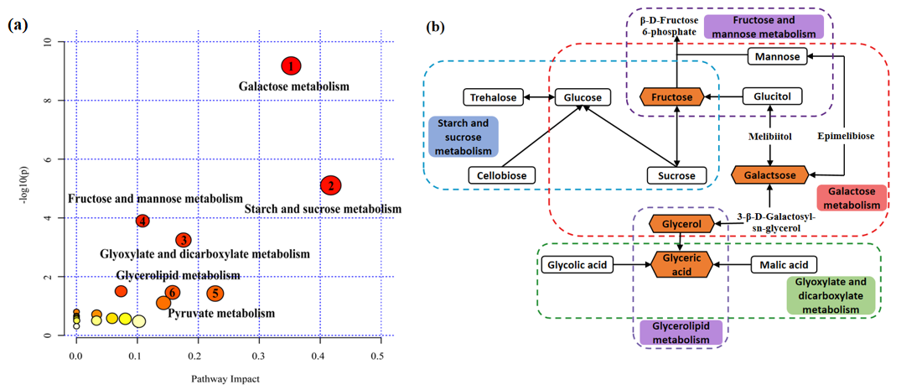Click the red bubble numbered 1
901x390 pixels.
[290, 66]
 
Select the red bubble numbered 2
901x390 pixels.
[330, 185]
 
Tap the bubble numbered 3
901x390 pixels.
[184, 241]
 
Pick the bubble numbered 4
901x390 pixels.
[143, 221]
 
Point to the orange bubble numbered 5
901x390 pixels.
[215, 293]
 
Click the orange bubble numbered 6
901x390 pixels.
[172, 293]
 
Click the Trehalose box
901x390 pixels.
[494, 97]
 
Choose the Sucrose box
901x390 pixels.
[676, 176]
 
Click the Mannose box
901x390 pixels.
[777, 56]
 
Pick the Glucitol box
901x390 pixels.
[772, 97]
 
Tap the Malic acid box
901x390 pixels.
[779, 265]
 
